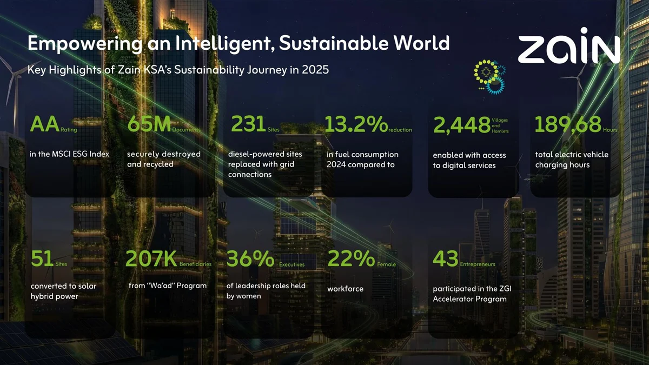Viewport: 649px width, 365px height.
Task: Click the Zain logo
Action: coord(569,46)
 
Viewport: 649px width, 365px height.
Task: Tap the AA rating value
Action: coord(44,124)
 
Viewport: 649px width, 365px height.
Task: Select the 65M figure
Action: coord(149,124)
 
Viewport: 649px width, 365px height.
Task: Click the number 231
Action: coord(248,124)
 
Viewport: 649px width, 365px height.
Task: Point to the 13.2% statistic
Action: coord(356,124)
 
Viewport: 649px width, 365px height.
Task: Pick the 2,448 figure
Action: coord(462,125)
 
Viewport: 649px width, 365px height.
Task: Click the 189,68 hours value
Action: coord(568,124)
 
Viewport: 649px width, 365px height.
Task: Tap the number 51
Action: coord(42,258)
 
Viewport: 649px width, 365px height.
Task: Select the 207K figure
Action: coord(151,258)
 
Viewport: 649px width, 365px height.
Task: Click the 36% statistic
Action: coord(250,258)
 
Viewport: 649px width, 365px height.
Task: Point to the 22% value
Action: coord(351,258)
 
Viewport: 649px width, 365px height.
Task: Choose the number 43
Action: coord(445,258)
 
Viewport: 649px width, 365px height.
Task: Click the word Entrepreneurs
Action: coord(478,264)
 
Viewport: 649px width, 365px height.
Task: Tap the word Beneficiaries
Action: coord(195,264)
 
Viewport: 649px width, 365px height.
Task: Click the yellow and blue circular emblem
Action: coord(489,77)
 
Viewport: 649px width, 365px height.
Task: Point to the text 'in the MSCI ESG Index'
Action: coord(70,154)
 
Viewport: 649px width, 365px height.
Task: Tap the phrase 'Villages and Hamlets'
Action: coord(500,125)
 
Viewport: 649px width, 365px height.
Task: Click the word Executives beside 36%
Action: coord(292,264)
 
